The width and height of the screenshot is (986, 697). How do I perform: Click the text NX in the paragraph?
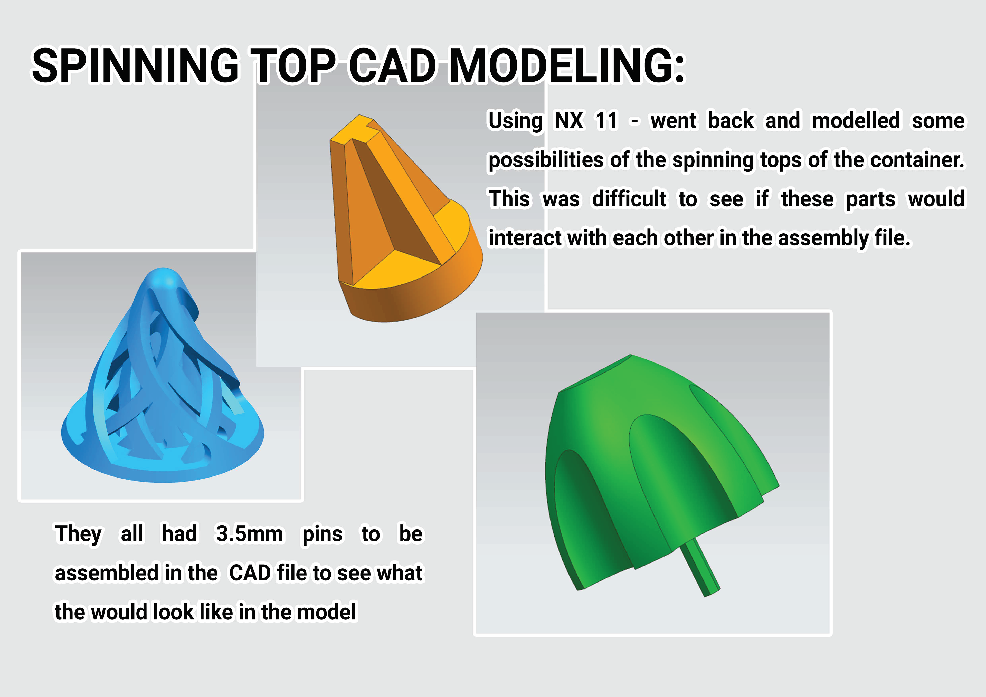click(x=569, y=121)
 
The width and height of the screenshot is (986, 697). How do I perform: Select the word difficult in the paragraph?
click(x=629, y=199)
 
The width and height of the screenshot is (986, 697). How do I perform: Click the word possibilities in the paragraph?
click(x=547, y=160)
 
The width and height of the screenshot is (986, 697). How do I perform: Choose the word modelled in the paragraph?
click(x=856, y=121)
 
